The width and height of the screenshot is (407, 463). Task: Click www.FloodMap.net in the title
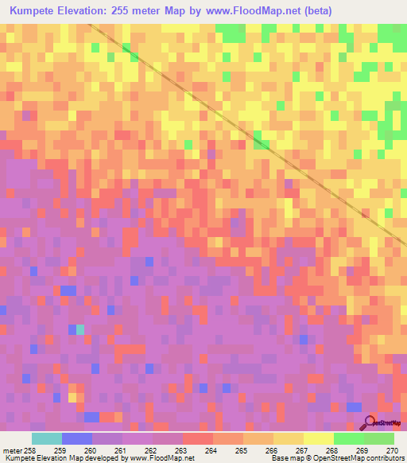[259, 11]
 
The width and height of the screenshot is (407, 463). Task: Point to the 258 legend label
[29, 450]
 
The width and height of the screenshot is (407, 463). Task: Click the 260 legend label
[91, 450]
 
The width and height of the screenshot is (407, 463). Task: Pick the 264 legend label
[211, 450]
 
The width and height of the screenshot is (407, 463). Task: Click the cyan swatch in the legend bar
[46, 438]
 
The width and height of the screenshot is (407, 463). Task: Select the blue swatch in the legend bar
[77, 438]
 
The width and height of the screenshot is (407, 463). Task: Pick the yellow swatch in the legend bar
[319, 438]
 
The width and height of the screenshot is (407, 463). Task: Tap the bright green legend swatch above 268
[349, 438]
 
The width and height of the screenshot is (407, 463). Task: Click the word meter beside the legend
[10, 450]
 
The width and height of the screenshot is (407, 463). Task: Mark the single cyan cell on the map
[79, 329]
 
